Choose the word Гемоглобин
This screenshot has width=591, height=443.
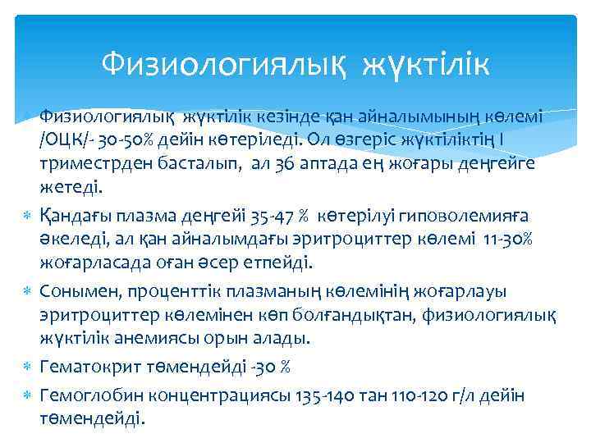(x=88, y=395)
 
